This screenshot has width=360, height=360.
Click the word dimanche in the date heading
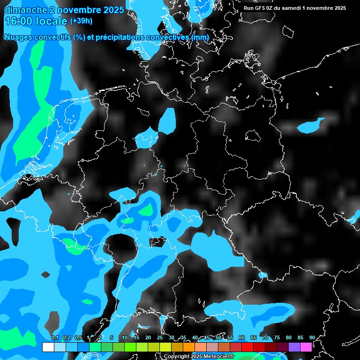click(x=25, y=10)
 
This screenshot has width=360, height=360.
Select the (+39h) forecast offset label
click(x=81, y=21)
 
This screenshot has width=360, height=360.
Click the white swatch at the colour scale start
click(x=48, y=347)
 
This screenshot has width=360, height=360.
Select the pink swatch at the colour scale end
click(x=306, y=347)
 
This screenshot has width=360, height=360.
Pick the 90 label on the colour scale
click(x=312, y=338)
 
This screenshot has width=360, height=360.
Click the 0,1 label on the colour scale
click(x=54, y=338)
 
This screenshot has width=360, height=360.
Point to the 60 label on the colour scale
click(x=241, y=338)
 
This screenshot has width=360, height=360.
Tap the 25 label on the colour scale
click(x=159, y=338)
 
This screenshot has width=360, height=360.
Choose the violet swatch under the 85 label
click(x=294, y=347)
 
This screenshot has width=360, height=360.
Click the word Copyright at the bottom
click(x=177, y=357)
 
